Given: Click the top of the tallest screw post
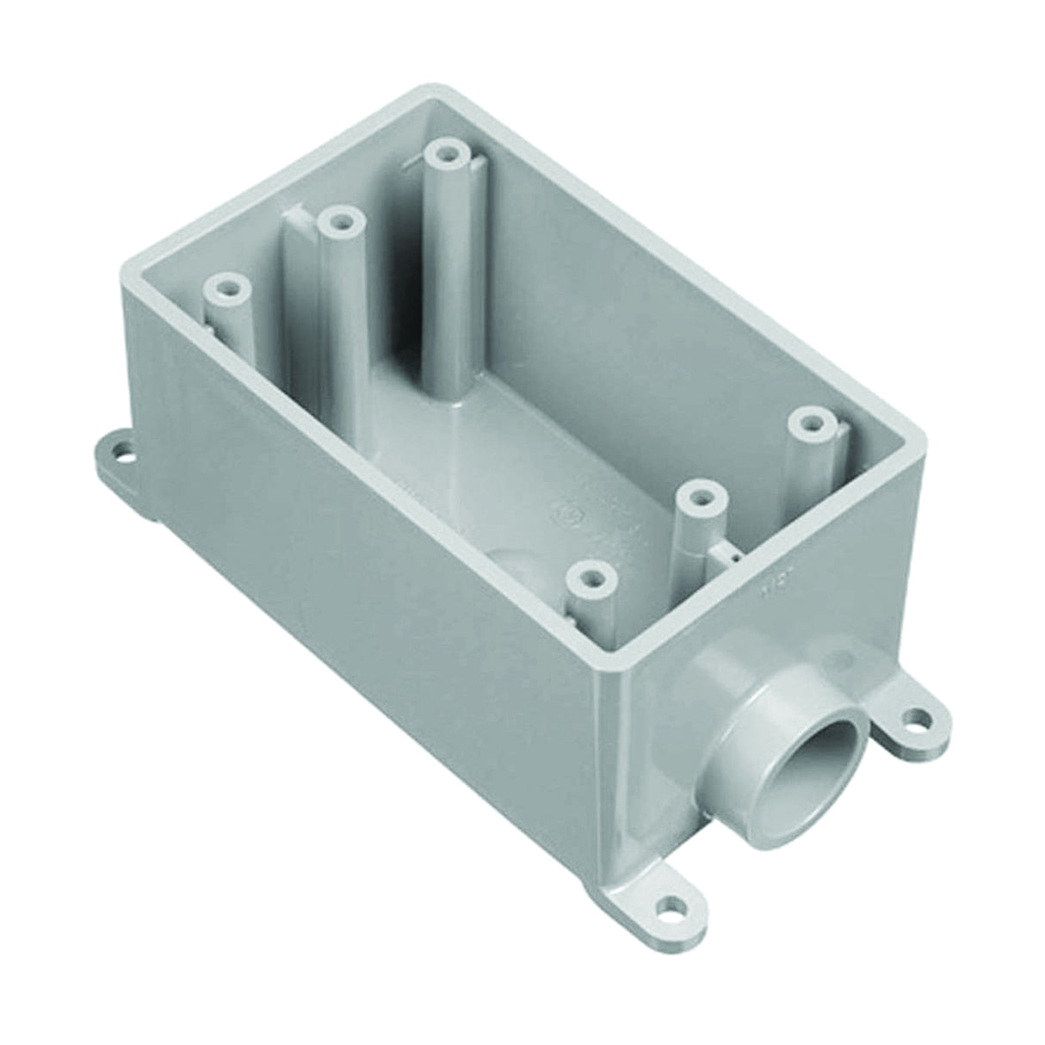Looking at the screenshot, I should click(x=445, y=155).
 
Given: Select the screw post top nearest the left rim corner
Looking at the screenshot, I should click(x=226, y=285).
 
